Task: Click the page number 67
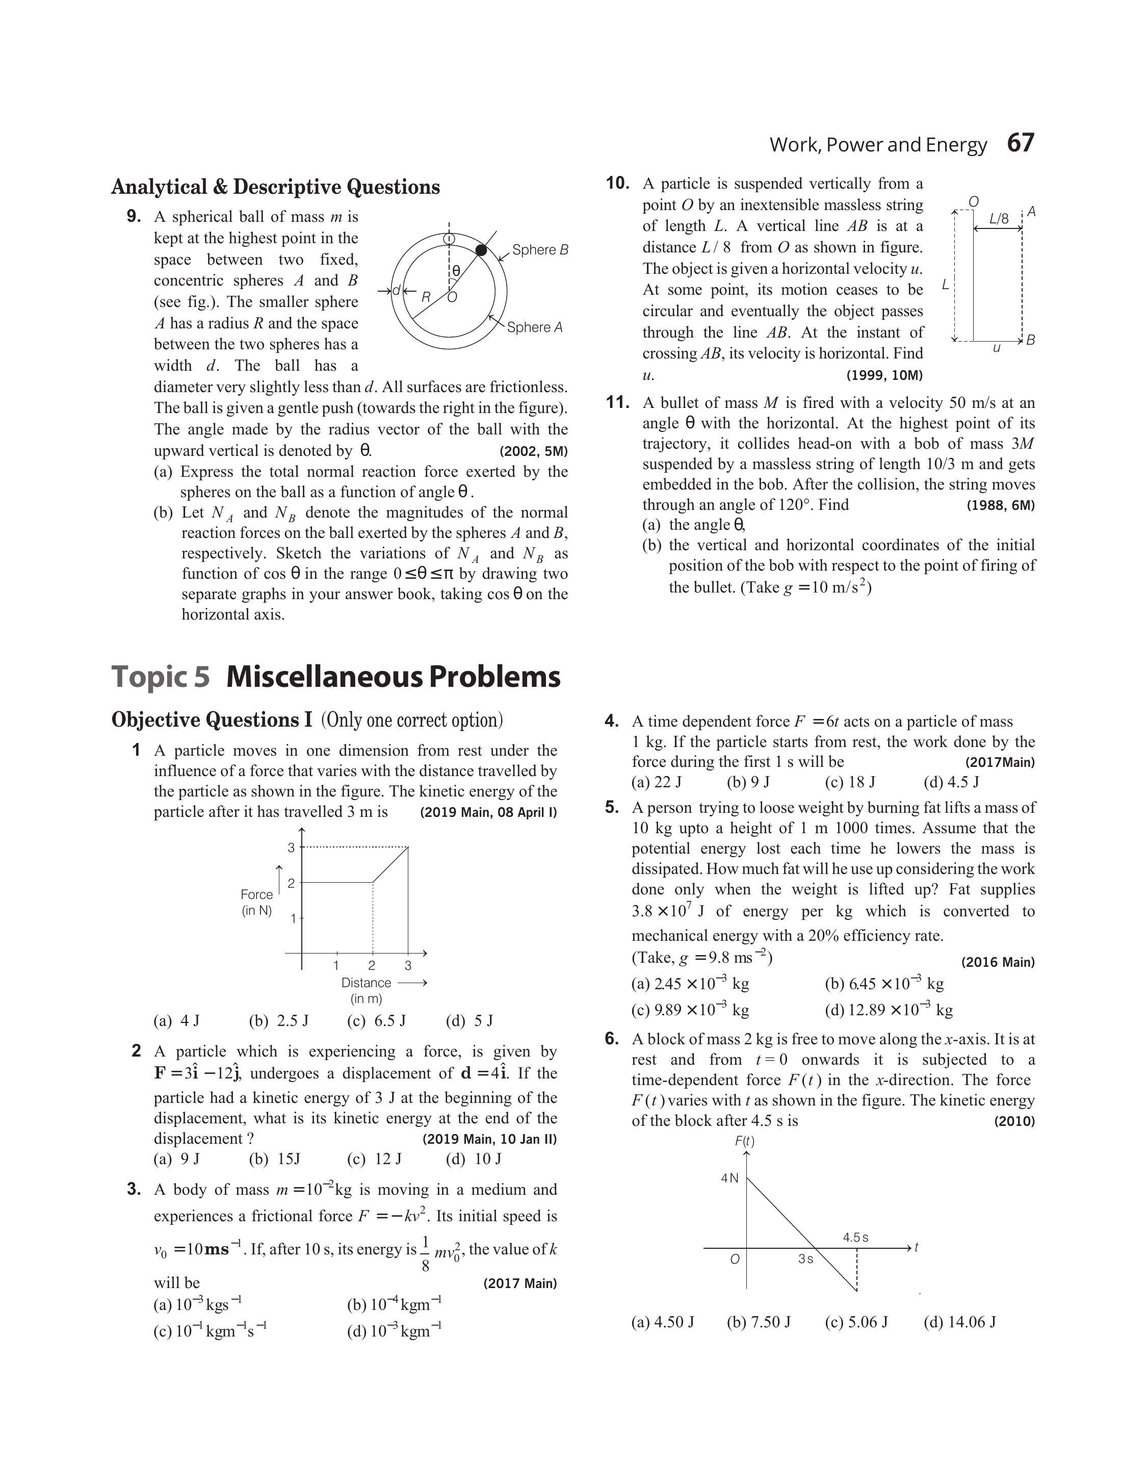click(1021, 143)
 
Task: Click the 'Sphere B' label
click(540, 250)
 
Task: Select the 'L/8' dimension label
click(999, 219)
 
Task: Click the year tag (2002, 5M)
click(533, 451)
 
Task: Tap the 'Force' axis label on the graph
click(256, 894)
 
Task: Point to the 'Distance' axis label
click(366, 983)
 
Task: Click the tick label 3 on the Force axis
click(292, 847)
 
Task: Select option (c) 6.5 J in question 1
click(377, 1021)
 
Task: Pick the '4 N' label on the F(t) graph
click(729, 1178)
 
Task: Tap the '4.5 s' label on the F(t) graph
click(855, 1237)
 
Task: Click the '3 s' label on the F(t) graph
click(806, 1259)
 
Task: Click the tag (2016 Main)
click(998, 962)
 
